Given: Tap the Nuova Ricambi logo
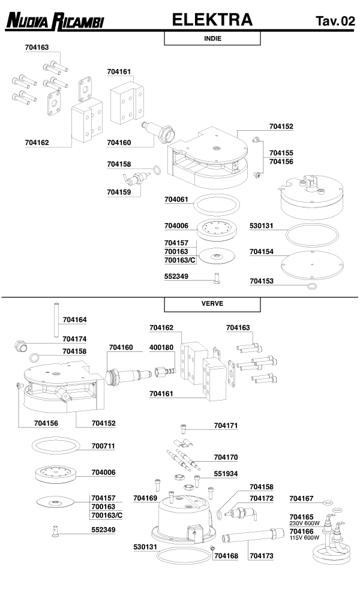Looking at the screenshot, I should coord(55,22).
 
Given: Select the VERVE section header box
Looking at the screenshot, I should coord(212,303).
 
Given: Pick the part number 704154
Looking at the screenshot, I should coord(262,252).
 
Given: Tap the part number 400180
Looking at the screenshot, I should coord(161,348).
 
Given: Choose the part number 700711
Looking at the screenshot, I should coord(103,447).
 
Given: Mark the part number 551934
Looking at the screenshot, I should coord(226,473).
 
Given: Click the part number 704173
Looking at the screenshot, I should coord(261,556).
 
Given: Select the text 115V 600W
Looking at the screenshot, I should coord(305,538).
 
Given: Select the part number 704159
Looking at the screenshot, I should coord(119,192).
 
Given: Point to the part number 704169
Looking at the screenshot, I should coord(146,498).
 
